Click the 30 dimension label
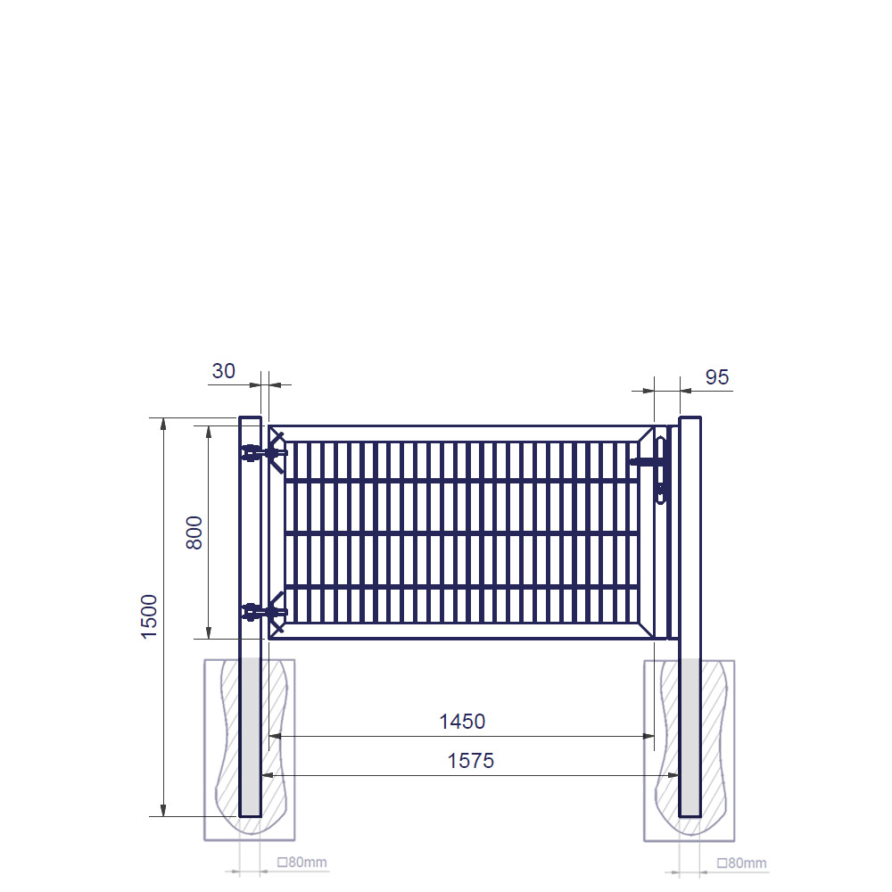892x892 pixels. point(224,371)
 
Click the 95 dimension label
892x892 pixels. point(717,377)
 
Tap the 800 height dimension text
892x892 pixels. point(194,533)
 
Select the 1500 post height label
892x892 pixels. point(149,616)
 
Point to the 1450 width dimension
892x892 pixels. point(462,722)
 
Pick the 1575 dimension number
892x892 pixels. point(470,761)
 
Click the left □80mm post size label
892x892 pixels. point(302,863)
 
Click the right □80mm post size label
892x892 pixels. point(742,863)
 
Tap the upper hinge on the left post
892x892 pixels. point(264,453)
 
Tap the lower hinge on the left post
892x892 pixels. point(264,612)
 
